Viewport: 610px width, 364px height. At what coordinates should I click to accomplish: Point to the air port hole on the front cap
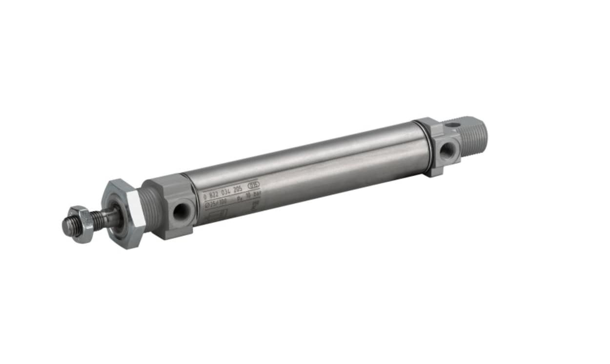[182, 211]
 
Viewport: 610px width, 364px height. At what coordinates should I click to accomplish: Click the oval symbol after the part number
[254, 185]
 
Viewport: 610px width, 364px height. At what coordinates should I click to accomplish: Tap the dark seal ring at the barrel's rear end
[429, 147]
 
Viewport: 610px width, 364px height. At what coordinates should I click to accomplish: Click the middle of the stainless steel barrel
[307, 173]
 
